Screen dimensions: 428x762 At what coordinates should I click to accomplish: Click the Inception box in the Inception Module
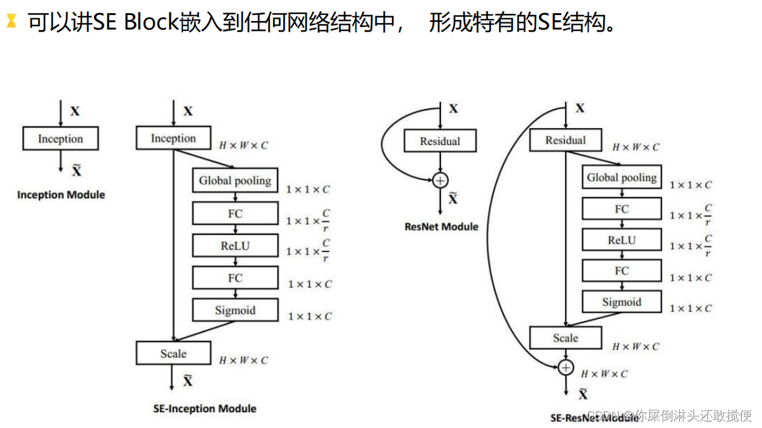[x=60, y=139]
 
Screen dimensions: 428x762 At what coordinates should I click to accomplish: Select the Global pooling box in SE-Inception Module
[x=235, y=181]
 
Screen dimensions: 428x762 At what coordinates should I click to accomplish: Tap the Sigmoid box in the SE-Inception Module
[x=235, y=310]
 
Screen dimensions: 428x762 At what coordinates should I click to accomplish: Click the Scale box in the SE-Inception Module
[x=173, y=353]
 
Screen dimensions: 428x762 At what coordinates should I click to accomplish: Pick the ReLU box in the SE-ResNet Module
[x=622, y=240]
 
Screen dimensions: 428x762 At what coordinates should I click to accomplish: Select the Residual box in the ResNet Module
[x=440, y=141]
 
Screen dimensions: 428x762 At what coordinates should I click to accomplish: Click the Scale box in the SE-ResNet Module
[x=565, y=338]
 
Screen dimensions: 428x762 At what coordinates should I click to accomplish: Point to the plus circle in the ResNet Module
[x=440, y=179]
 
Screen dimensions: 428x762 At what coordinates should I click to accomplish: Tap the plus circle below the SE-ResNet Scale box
[x=565, y=367]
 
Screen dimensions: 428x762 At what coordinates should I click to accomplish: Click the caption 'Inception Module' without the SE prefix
[x=61, y=195]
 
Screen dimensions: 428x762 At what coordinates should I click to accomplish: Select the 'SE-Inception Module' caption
[x=204, y=408]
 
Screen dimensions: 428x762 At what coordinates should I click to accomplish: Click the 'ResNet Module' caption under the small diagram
[x=441, y=227]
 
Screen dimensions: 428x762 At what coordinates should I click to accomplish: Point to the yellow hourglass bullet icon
[x=11, y=22]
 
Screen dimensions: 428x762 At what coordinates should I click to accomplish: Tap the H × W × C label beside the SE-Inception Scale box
[x=243, y=360]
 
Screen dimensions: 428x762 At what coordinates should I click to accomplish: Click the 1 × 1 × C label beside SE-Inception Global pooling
[x=308, y=190]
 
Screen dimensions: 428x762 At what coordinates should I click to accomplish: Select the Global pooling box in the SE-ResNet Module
[x=622, y=177]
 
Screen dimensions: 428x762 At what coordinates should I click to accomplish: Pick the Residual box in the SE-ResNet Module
[x=565, y=140]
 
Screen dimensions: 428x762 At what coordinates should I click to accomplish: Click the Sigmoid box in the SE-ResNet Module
[x=622, y=302]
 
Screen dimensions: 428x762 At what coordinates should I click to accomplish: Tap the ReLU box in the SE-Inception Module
[x=235, y=246]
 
